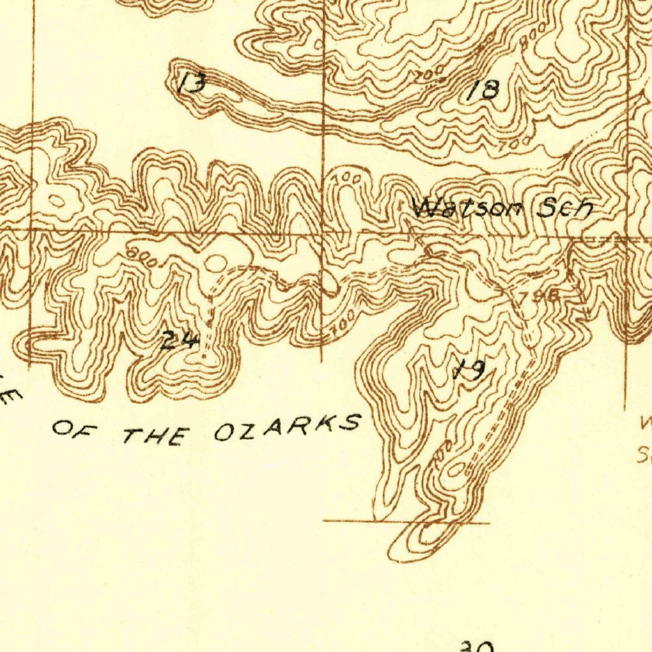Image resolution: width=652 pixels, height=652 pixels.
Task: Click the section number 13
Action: click(191, 83)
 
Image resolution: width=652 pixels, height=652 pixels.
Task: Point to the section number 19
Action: click(471, 369)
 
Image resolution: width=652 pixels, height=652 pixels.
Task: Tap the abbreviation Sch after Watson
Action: click(565, 208)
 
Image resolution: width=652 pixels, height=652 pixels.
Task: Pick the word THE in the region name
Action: click(156, 436)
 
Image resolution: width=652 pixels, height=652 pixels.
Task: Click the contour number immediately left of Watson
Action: click(347, 179)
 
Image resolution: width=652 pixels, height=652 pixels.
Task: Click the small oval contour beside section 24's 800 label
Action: click(216, 262)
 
